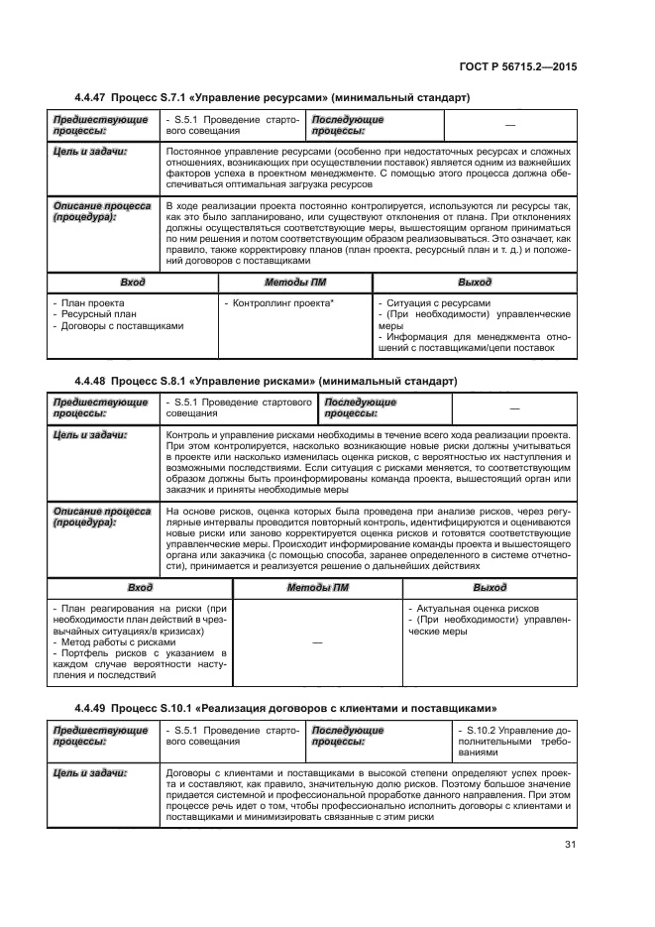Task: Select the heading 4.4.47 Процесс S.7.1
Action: [272, 96]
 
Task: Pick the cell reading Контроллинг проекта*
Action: [278, 302]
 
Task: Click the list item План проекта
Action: [95, 302]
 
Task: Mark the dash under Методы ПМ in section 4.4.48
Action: [317, 642]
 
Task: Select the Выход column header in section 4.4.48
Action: [490, 587]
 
